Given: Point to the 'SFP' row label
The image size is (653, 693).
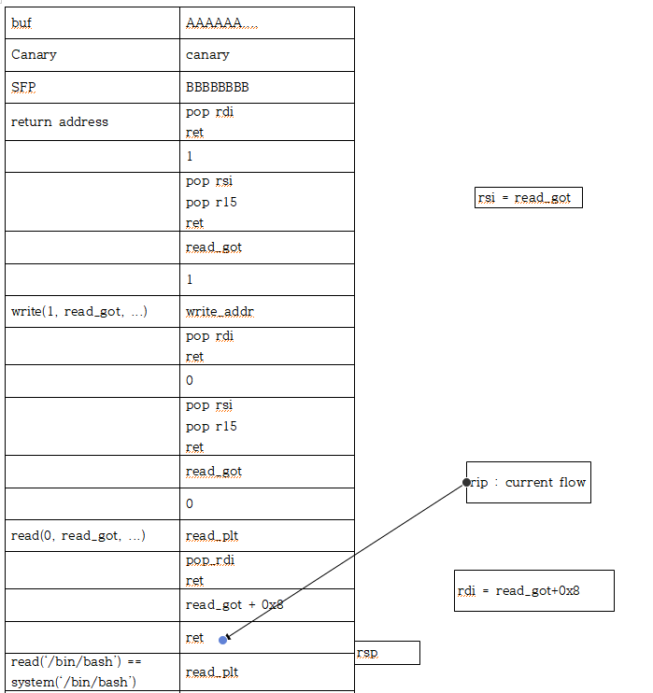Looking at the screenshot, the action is [25, 87].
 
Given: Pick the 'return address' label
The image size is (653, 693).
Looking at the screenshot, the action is [59, 121].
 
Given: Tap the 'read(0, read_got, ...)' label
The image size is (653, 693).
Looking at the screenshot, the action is [78, 535].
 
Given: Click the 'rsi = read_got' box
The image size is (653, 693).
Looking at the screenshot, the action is [529, 197].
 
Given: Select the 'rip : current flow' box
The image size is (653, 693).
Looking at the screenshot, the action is [529, 482].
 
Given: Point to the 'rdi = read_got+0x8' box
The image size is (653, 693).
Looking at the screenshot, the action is [533, 590].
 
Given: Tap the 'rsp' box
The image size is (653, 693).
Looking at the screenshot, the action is [387, 652].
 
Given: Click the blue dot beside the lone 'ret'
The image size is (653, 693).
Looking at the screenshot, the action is [222, 640].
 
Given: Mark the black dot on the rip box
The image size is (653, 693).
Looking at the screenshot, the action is [466, 483].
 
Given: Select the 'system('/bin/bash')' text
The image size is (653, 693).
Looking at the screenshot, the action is [74, 681].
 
